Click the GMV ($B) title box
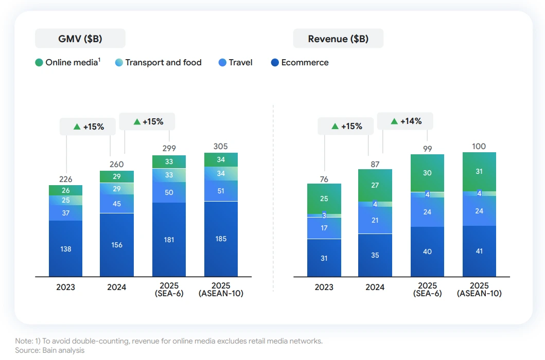tap(80, 39)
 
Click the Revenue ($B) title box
tap(338, 39)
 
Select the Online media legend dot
tap(39, 63)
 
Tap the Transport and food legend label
tap(163, 63)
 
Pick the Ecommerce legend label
tap(305, 63)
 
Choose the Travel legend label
tap(240, 63)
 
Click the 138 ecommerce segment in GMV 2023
tap(65, 249)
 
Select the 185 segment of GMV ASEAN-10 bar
tap(221, 239)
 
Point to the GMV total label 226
tap(65, 179)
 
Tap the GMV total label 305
tap(221, 147)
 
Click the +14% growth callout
tap(405, 121)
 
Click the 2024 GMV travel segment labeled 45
tap(117, 204)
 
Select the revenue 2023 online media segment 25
tap(324, 199)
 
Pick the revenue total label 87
tap(375, 165)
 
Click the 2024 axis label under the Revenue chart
tap(375, 287)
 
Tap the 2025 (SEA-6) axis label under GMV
tap(169, 290)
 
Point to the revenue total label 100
tap(479, 147)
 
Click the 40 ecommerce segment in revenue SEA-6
tap(427, 251)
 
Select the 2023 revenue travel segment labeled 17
tap(324, 228)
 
